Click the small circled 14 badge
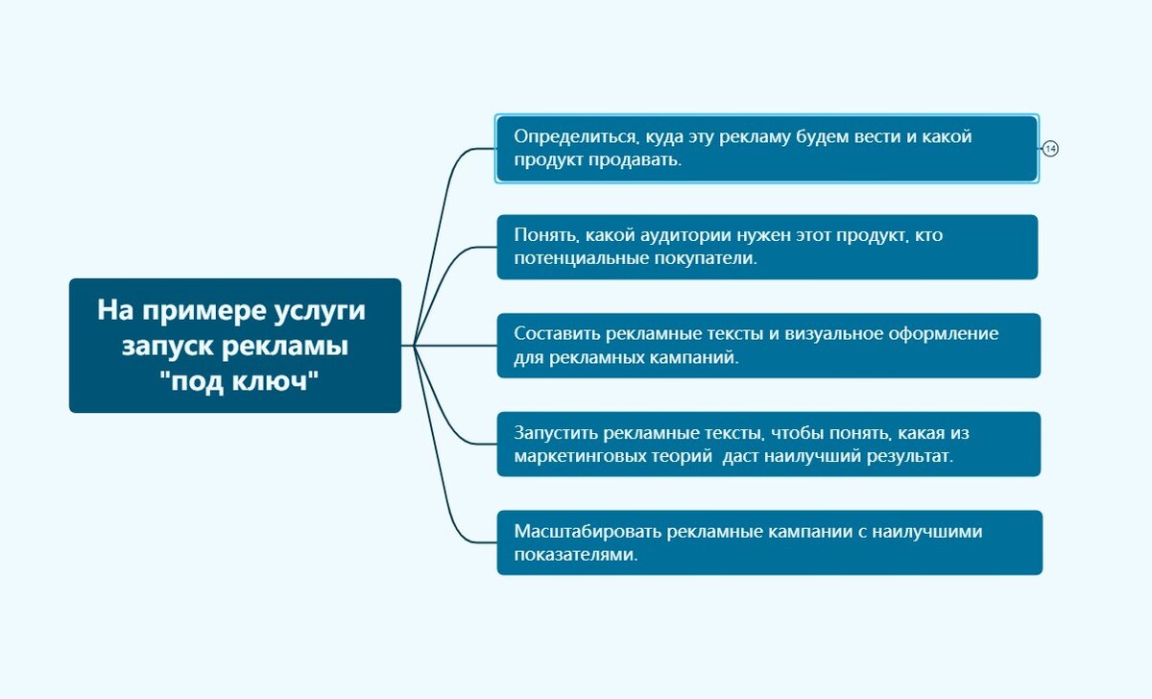1050,149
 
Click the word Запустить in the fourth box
556,432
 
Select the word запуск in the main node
163,346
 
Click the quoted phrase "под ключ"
237,380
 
